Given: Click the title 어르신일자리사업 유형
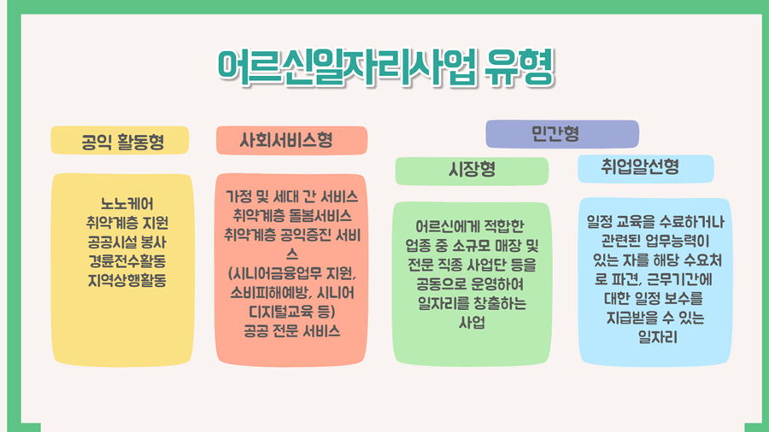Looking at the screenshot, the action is coord(386,68).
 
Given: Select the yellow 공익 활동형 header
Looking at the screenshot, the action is coord(120,141).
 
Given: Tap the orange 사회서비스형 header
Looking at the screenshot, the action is coord(292,141).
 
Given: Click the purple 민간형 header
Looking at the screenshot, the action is coord(562,134).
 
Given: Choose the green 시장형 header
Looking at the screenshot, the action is coord(472,171).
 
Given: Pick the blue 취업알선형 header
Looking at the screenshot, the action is coord(645,169).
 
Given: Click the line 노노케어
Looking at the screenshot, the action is coord(127,204).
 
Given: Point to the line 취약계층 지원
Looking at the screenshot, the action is coord(127,223).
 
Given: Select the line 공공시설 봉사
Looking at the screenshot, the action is coord(127,242).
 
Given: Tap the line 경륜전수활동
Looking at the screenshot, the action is coord(127,261).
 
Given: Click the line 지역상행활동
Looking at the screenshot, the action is coord(127,280).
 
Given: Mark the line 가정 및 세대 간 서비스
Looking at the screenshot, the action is coord(292,197).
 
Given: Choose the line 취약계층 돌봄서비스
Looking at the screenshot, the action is coord(292,215).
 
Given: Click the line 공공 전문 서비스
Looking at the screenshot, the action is coord(292,331).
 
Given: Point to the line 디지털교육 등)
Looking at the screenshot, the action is coord(292,312).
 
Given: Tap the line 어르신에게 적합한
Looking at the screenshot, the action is coord(470,226).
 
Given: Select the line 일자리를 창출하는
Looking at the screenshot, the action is coord(472,303).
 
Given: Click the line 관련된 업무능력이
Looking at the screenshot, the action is coord(655,241).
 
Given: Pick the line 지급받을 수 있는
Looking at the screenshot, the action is coord(655,318).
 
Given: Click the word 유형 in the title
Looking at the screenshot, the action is coord(519,67).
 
